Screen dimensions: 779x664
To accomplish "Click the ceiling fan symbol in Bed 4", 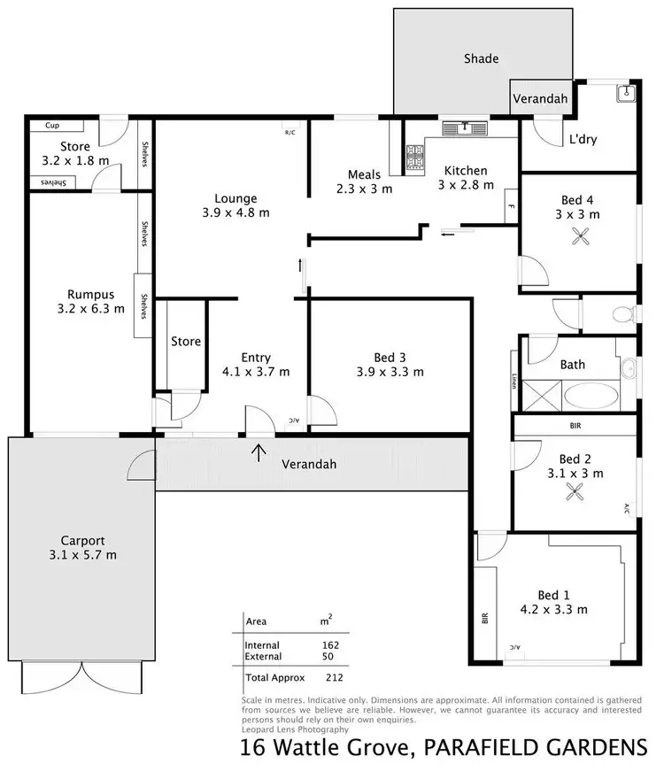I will [x=582, y=236].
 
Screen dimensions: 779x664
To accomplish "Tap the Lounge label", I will [x=235, y=198].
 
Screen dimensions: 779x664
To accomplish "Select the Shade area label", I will [x=481, y=59].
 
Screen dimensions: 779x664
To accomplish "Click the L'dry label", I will [x=581, y=139].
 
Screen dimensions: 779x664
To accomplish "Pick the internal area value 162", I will [x=332, y=645].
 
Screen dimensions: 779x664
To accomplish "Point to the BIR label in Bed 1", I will [x=485, y=617].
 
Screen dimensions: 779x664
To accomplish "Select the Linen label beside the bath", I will [x=513, y=382].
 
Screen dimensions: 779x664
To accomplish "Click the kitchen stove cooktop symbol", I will [x=413, y=160].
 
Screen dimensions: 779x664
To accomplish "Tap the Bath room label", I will [x=573, y=365].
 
